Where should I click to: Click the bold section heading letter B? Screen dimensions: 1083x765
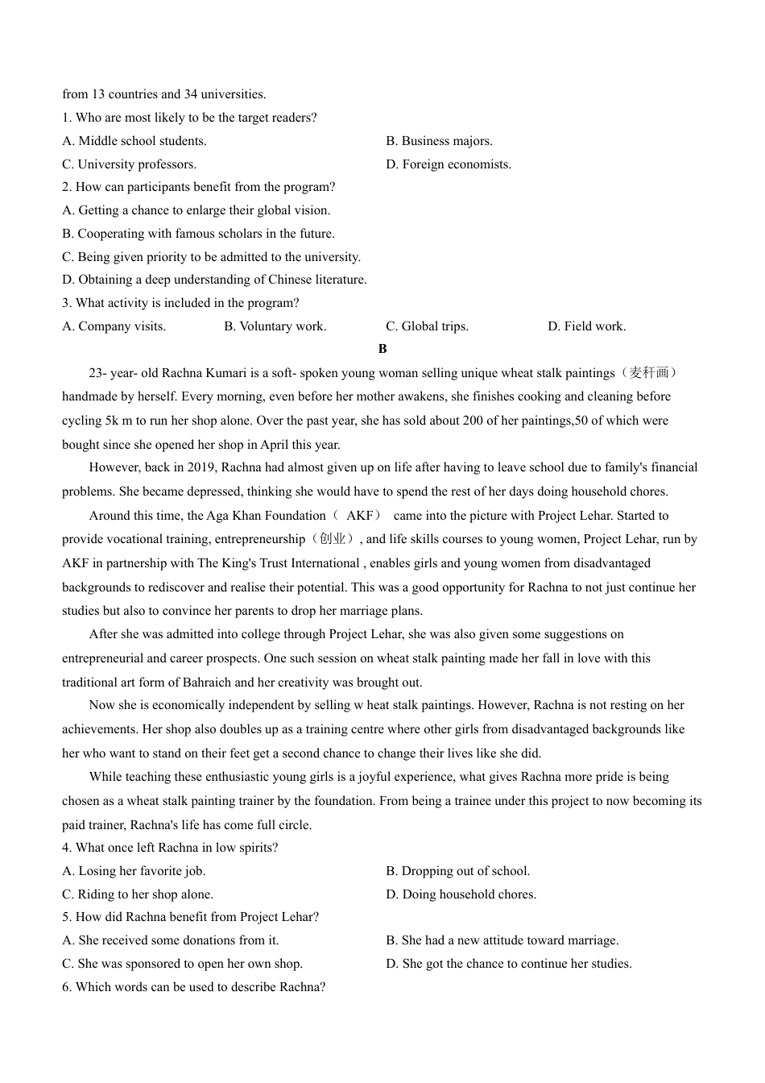click(x=382, y=349)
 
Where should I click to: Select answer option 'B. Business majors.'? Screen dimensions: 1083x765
click(x=439, y=141)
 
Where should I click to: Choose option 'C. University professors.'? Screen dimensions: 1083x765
click(x=129, y=164)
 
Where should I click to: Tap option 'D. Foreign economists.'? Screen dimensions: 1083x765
click(x=449, y=164)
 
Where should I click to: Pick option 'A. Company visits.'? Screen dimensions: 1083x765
click(x=114, y=326)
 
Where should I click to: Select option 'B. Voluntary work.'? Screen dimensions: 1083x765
click(x=275, y=326)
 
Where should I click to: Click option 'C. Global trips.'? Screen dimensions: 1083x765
click(x=427, y=326)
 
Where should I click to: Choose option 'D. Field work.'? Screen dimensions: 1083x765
click(x=586, y=326)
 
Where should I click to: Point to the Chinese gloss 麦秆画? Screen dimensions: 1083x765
click(x=649, y=373)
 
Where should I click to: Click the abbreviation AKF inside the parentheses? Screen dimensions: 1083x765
click(x=359, y=516)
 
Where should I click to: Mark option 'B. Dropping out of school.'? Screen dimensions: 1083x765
click(x=457, y=871)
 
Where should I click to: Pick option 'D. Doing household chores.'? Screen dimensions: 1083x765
click(x=461, y=894)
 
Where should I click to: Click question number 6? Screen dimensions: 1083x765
click(x=66, y=987)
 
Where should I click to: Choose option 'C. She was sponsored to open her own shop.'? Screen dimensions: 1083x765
click(x=182, y=964)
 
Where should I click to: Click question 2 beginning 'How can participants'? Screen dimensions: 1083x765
click(x=198, y=187)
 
